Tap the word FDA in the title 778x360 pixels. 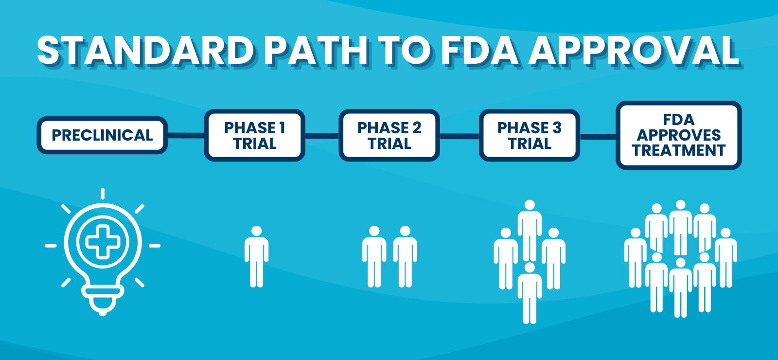(x=479, y=51)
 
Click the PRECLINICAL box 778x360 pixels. (x=102, y=135)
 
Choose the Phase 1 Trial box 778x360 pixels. (x=254, y=135)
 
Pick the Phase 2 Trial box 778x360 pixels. (x=389, y=135)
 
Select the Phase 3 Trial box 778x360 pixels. (x=529, y=135)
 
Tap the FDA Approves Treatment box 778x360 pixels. (x=678, y=135)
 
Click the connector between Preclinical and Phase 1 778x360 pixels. (x=186, y=135)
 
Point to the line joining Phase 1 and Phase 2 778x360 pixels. (x=322, y=135)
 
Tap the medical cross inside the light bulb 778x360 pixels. (x=102, y=242)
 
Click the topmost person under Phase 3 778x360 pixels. (x=530, y=229)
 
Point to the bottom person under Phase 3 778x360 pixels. (x=530, y=294)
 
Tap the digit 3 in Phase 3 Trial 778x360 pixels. (x=557, y=128)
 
